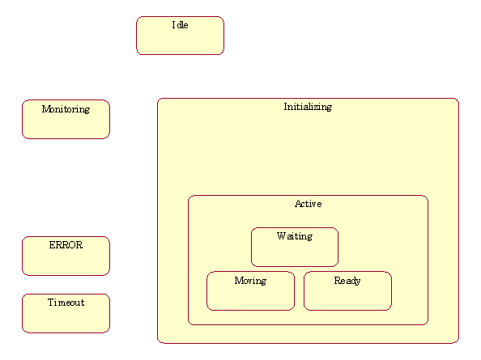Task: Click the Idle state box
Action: (180, 36)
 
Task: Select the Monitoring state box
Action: (66, 119)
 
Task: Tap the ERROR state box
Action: (66, 256)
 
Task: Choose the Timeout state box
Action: (66, 313)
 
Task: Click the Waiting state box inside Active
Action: (295, 247)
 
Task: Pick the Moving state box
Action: (251, 290)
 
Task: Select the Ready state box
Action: (347, 290)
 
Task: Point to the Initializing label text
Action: (308, 107)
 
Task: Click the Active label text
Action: (309, 204)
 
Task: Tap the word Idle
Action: (180, 25)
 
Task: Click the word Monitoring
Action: (66, 109)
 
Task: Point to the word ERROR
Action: (66, 245)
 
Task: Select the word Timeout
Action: (66, 303)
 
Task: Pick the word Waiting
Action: (295, 236)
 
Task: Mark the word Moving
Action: (251, 281)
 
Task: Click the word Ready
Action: (347, 281)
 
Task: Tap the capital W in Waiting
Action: (281, 235)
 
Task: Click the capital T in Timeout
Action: (51, 303)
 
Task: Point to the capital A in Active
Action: (298, 204)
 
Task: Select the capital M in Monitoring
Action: (45, 108)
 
